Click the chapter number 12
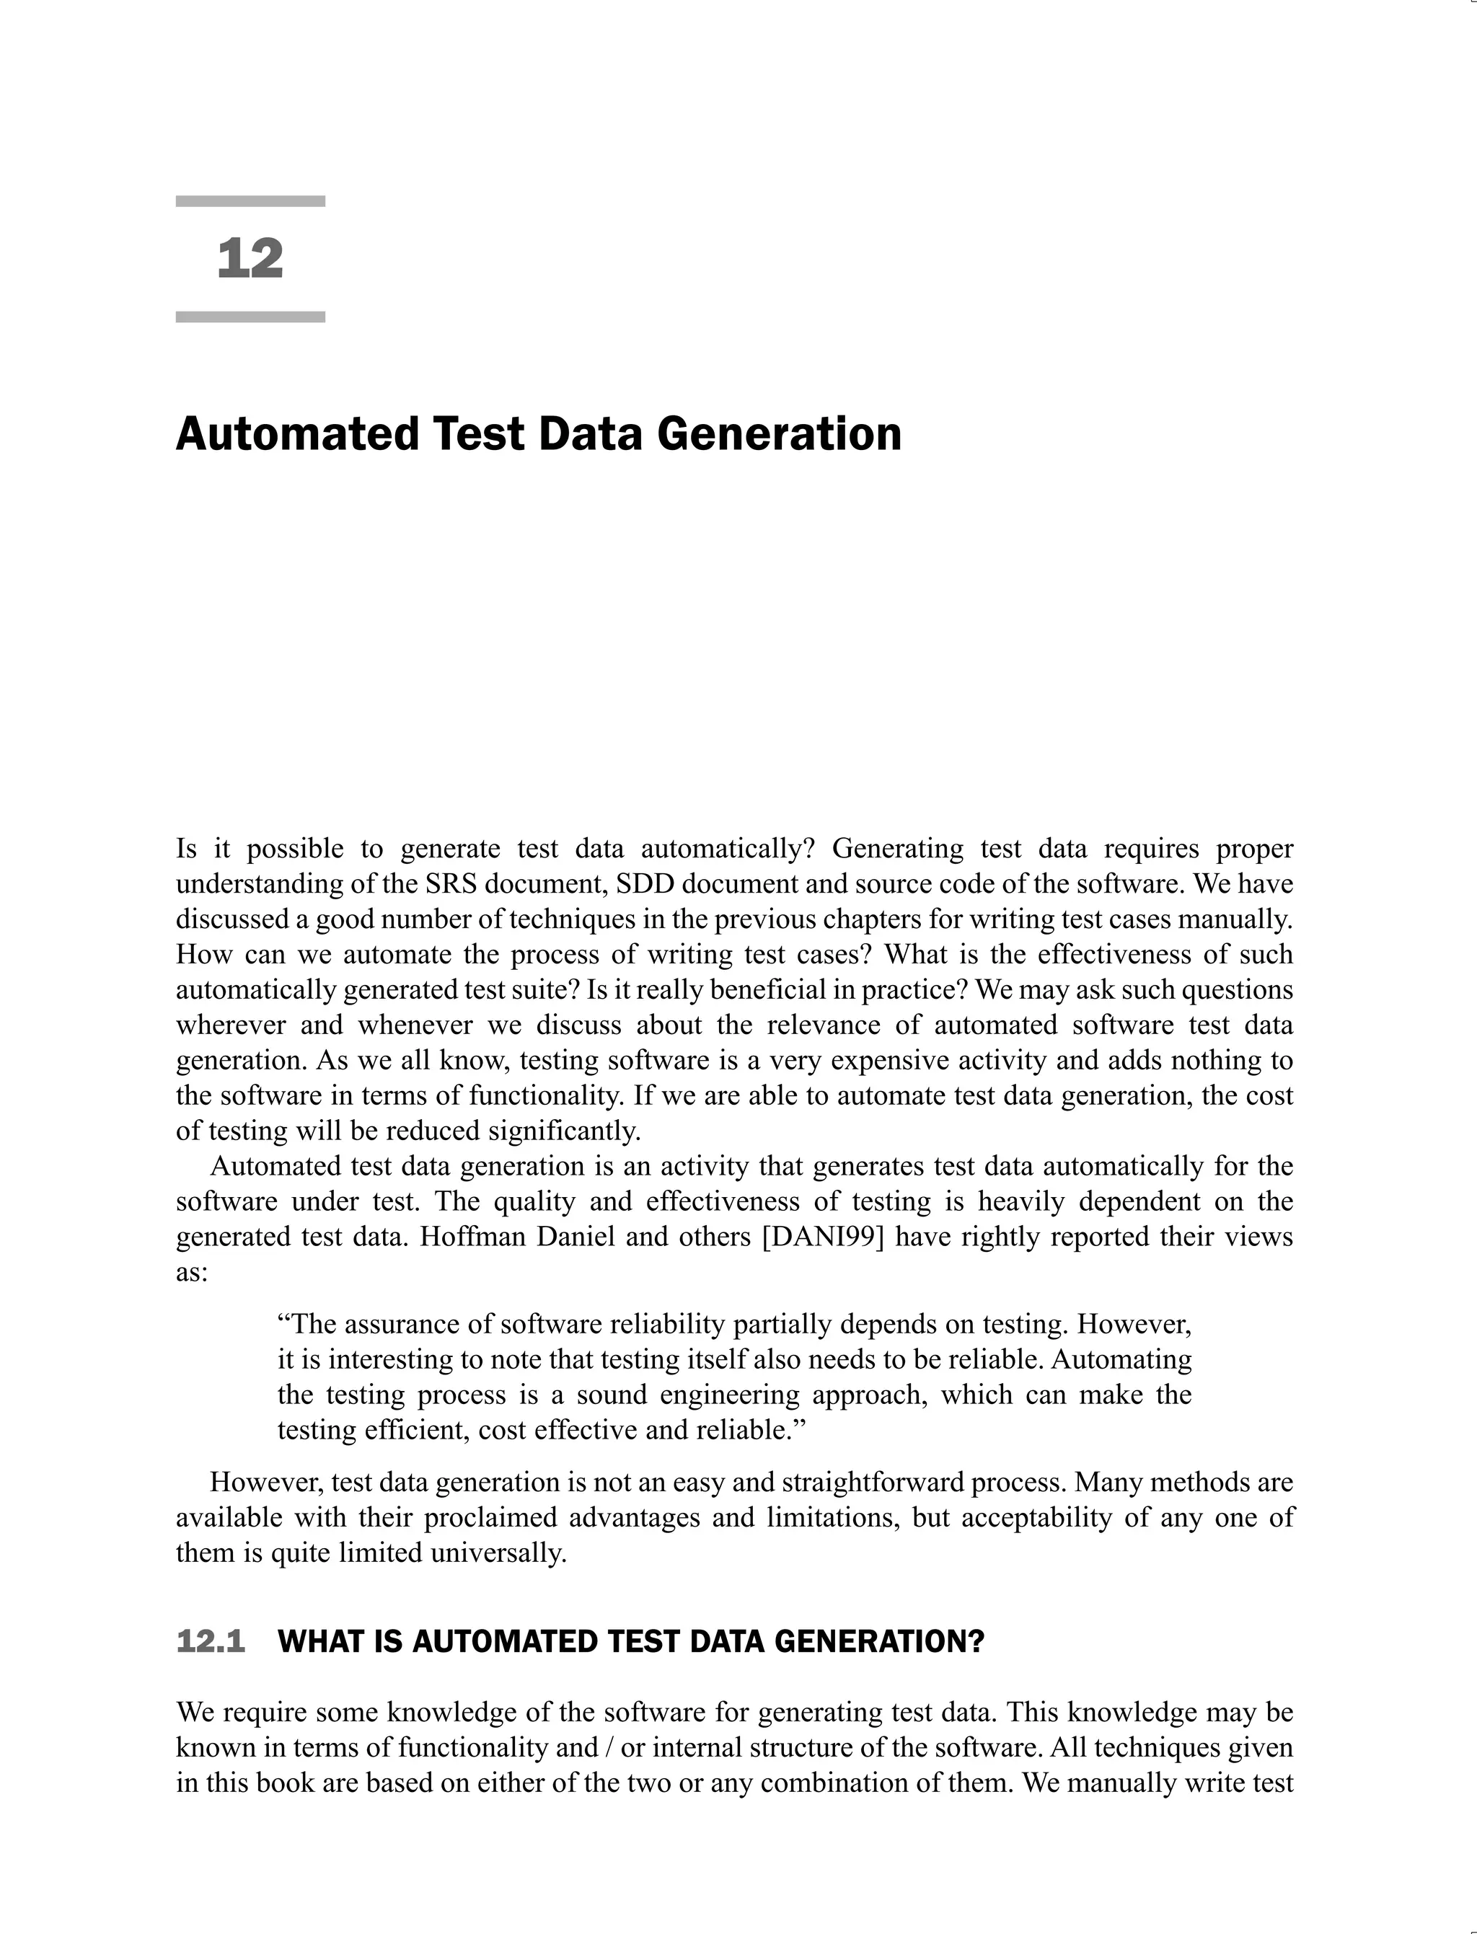[x=250, y=260]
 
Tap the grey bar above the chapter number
[x=250, y=201]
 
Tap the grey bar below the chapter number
[x=250, y=317]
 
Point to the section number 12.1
[x=211, y=1641]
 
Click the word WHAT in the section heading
[x=316, y=1641]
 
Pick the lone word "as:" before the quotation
[x=192, y=1272]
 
